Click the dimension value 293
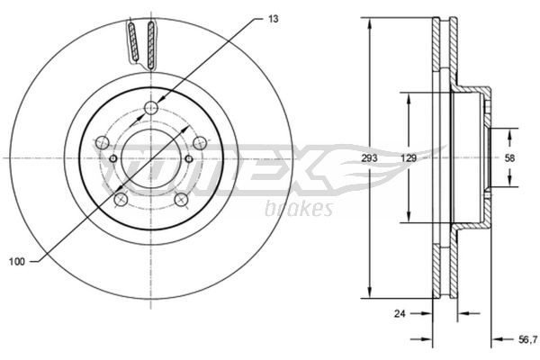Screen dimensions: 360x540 tap(368, 157)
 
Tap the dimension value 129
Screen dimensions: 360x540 tap(408, 157)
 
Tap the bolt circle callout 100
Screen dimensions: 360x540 tap(14, 261)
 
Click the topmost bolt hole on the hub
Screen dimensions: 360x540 tap(150, 110)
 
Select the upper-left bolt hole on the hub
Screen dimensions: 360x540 tap(103, 142)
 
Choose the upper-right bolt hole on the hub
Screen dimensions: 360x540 tap(199, 142)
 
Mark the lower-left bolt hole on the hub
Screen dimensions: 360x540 tap(121, 199)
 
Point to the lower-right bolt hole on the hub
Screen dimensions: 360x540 tap(181, 199)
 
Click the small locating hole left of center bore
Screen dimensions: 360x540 tap(112, 159)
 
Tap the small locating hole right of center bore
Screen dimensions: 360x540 tap(189, 159)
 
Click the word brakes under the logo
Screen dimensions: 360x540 tap(299, 209)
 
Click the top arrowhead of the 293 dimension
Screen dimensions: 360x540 tap(368, 22)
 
